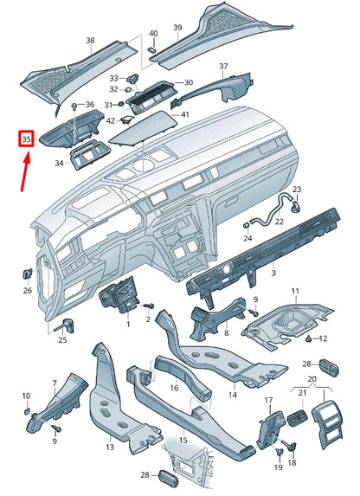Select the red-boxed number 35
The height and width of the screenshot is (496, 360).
point(26,138)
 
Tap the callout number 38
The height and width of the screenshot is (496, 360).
point(90,41)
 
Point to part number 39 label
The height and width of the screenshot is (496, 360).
point(177,29)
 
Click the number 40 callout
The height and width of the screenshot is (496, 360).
point(153,34)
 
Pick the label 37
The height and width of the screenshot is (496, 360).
point(223,67)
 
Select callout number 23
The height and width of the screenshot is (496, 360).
point(297,189)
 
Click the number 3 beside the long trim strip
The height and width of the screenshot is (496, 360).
point(273,274)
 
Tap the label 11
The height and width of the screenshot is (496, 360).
point(294,291)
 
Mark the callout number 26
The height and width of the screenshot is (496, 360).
point(28,291)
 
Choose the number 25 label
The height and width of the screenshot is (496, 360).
point(62,340)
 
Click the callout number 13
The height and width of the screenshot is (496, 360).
point(110,448)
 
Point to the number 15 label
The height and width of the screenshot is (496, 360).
point(183,441)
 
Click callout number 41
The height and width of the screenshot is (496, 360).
point(185,114)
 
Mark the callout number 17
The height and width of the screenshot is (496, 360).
point(268,400)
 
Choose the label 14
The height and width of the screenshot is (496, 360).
point(232,395)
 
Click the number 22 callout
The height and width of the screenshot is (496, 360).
point(279,222)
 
